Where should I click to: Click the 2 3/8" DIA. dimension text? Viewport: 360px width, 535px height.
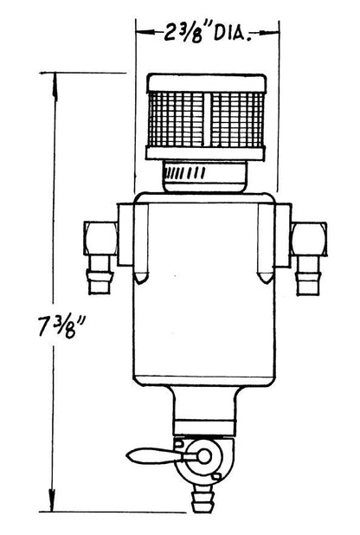(x=206, y=33)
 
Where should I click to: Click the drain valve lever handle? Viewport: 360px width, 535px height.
(x=155, y=456)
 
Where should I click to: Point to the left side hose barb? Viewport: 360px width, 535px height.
(x=100, y=274)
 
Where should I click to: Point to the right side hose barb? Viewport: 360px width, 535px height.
(x=307, y=275)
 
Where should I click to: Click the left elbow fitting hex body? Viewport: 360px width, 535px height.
(x=100, y=238)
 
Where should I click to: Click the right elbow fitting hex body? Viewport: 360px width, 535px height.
(x=309, y=239)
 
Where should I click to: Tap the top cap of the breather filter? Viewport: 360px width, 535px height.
(x=206, y=83)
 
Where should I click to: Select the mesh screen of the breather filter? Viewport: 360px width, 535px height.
(x=206, y=119)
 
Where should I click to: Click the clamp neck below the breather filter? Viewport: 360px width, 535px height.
(x=205, y=177)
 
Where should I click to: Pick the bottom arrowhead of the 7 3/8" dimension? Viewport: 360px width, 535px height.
(x=52, y=498)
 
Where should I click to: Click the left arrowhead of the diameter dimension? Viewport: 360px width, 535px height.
(x=146, y=33)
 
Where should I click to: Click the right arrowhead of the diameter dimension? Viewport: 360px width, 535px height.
(x=269, y=33)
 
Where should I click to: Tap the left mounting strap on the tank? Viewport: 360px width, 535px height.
(x=141, y=243)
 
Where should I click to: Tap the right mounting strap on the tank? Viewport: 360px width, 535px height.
(x=266, y=243)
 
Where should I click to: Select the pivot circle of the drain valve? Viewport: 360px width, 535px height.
(x=204, y=456)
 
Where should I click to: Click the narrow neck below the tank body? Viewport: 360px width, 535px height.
(x=204, y=409)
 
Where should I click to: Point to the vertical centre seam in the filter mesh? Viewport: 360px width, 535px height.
(x=208, y=119)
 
